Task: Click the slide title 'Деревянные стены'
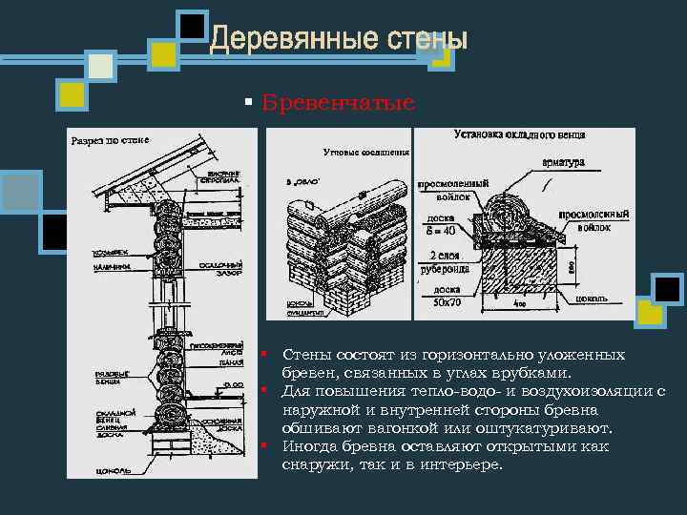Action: (339, 39)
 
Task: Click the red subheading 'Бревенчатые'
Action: (339, 102)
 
